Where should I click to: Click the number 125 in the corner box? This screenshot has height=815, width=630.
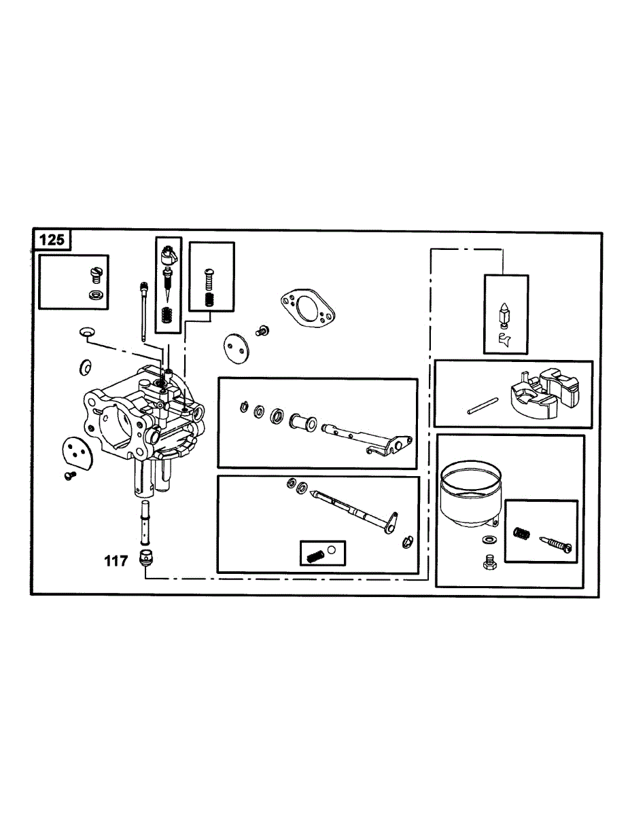52,240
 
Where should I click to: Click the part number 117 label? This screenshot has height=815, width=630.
116,562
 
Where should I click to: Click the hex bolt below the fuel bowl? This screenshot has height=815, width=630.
488,563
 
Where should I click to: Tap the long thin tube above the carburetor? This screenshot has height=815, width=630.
144,310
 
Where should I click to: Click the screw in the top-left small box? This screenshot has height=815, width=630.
94,273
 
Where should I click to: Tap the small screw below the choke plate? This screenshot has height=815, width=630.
69,475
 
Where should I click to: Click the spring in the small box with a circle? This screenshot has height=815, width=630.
313,556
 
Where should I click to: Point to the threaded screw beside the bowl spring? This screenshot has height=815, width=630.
557,543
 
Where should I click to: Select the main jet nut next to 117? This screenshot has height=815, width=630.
145,559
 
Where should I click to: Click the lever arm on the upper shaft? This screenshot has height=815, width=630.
390,446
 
